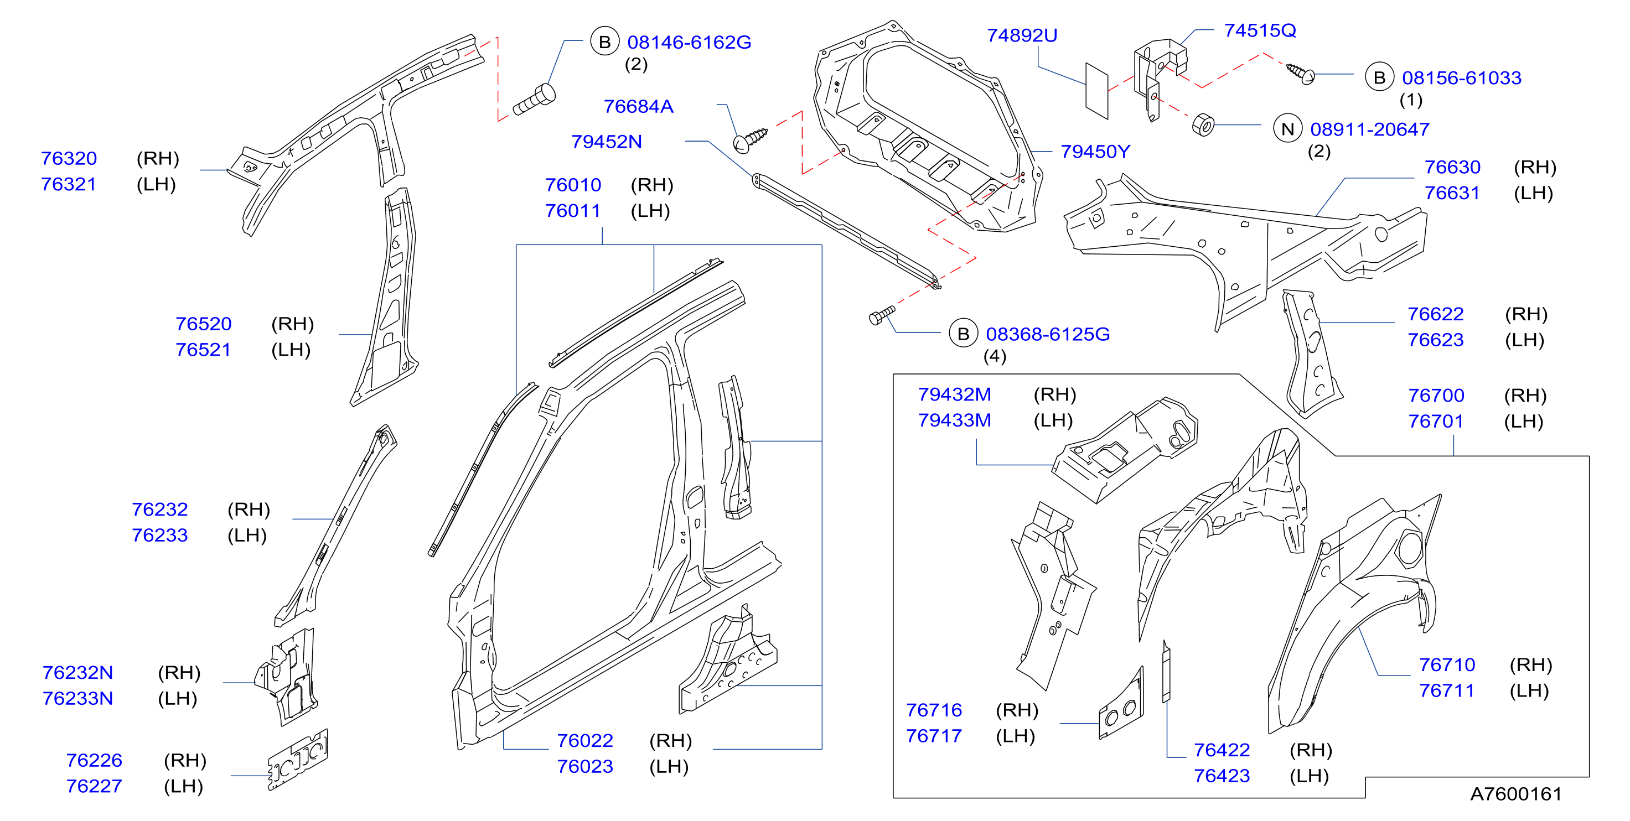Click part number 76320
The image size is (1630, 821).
coord(69,158)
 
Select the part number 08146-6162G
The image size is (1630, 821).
coord(689,43)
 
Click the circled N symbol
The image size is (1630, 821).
coord(1288,129)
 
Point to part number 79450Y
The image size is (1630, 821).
coord(1095,152)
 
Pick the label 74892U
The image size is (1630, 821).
coord(1022,35)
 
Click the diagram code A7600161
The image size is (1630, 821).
coord(1516,794)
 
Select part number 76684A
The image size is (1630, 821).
coord(639,106)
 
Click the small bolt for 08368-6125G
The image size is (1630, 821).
coord(882,315)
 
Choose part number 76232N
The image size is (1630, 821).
coord(78,672)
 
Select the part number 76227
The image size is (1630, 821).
coord(94,786)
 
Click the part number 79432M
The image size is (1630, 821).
coord(955,394)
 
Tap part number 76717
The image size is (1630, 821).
coord(934,736)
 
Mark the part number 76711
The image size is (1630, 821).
coord(1447,690)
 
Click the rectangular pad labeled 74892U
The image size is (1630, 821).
coord(1096,90)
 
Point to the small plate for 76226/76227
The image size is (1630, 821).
coord(298,760)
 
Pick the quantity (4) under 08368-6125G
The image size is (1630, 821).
coord(995,357)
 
